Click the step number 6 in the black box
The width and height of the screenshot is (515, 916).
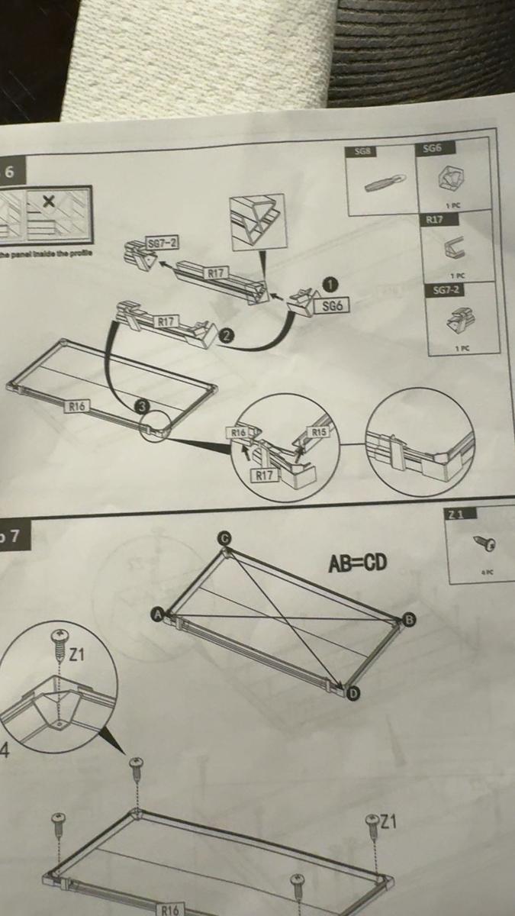(10, 172)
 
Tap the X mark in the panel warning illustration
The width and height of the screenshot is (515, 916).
(49, 201)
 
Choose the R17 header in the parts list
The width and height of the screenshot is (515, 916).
(434, 220)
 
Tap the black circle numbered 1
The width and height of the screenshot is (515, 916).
(330, 284)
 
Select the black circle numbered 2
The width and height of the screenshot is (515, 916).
(226, 334)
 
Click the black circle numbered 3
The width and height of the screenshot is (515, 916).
(142, 406)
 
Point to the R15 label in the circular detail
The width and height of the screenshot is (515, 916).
(319, 432)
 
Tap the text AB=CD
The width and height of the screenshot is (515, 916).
(357, 563)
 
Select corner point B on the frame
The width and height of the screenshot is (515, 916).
(409, 619)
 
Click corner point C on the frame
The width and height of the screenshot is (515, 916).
(224, 538)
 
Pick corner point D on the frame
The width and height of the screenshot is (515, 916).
(352, 693)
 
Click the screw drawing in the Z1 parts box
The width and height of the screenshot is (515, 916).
(485, 543)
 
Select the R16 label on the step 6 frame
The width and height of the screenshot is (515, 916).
(76, 406)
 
